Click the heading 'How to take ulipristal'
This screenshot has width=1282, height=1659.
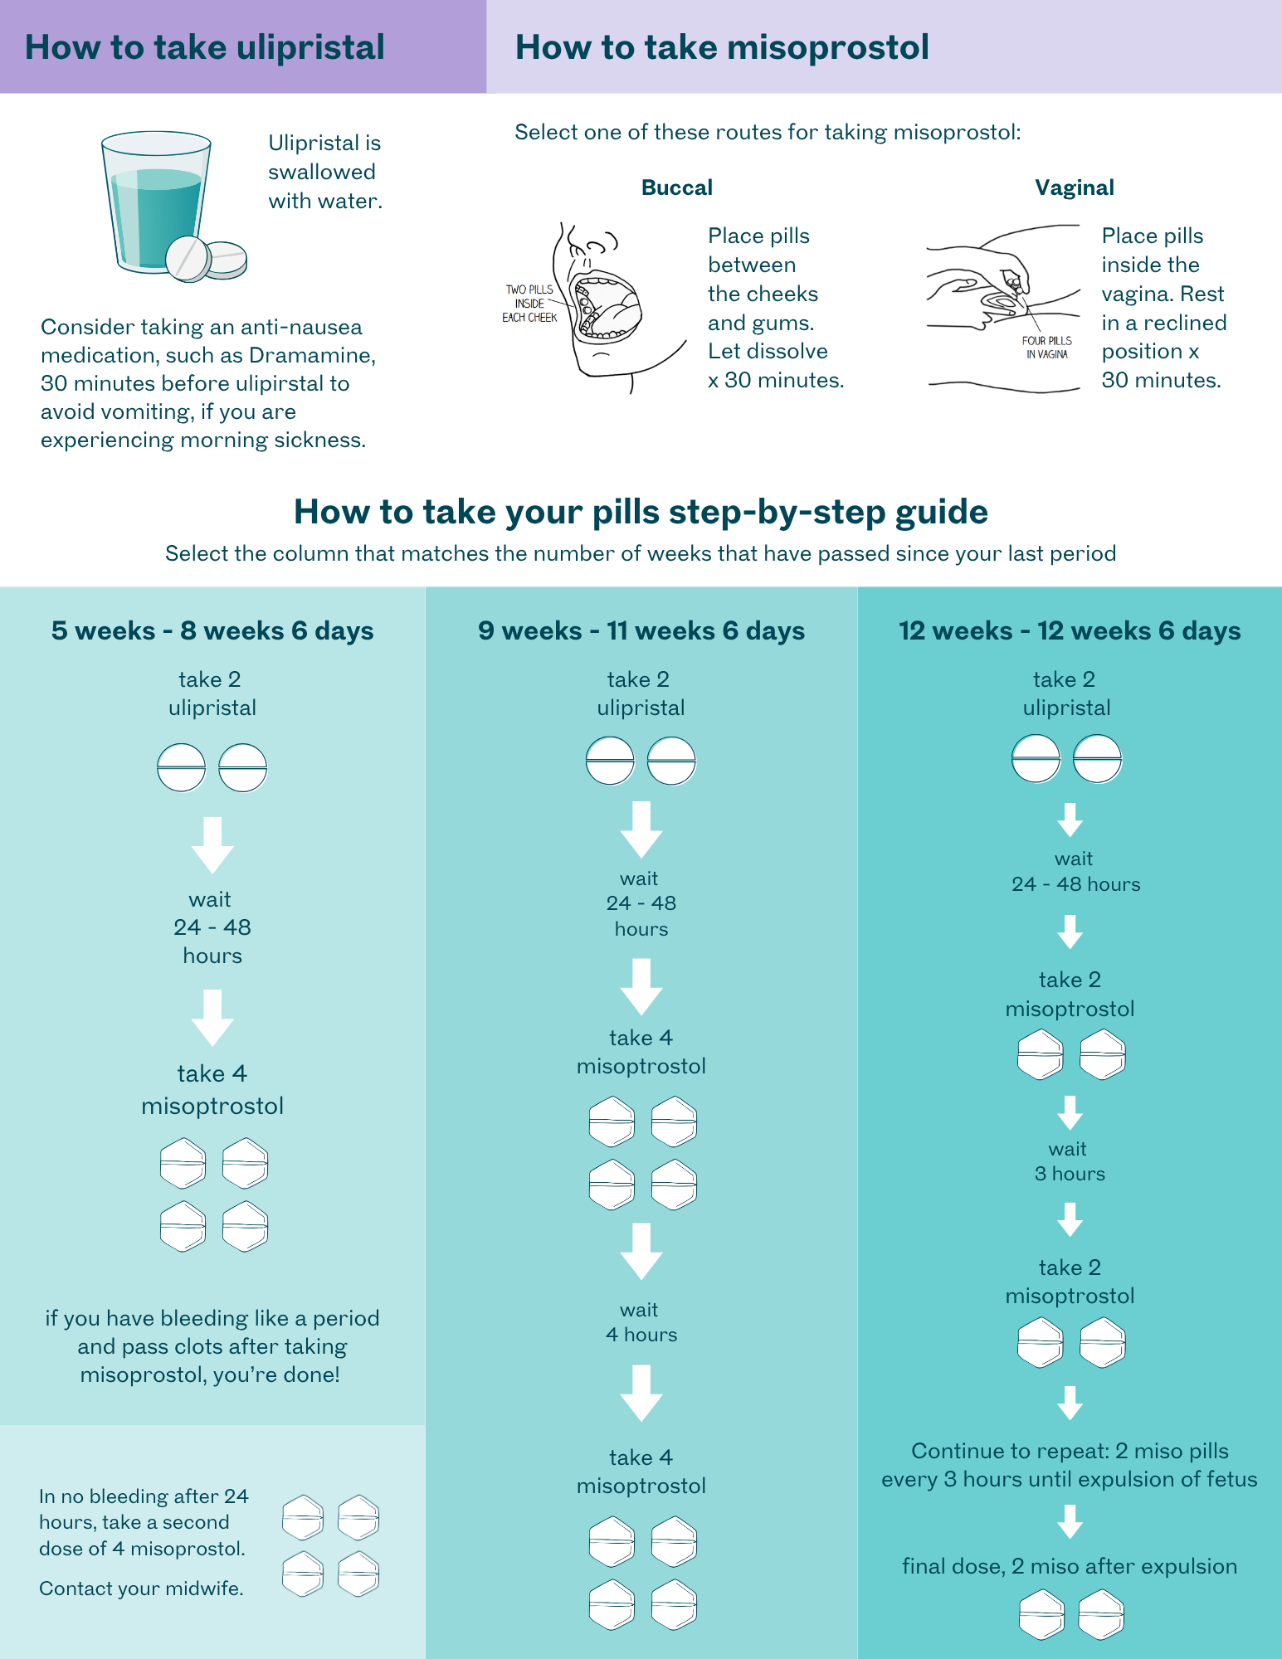tap(204, 47)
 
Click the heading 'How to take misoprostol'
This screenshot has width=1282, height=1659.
tap(722, 47)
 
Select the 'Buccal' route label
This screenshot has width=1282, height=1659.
tap(677, 187)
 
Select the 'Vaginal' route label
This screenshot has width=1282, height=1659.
tap(1075, 187)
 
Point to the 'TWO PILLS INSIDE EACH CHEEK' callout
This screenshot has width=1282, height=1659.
tap(529, 304)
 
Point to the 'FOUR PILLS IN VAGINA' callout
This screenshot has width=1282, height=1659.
tap(1047, 348)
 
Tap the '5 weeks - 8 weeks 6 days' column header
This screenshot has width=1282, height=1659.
tap(212, 631)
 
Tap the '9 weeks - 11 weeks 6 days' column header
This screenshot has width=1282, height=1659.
tap(641, 631)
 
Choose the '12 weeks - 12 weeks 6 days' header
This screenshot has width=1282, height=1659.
tap(1070, 631)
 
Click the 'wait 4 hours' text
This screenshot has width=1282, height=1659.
tap(641, 1322)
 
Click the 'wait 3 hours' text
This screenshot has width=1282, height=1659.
tap(1070, 1161)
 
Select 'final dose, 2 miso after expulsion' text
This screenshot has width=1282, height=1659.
tap(1070, 1566)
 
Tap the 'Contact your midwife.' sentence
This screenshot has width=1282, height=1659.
tap(141, 1588)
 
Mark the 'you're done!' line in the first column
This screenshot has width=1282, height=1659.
tap(210, 1374)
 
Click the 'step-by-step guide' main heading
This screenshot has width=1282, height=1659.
tap(641, 512)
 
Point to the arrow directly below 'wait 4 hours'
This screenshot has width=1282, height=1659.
tap(641, 1393)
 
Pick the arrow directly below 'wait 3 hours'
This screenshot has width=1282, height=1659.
tap(1070, 1219)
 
